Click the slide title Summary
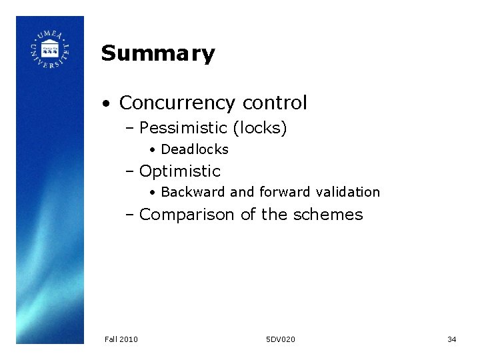tap(158, 53)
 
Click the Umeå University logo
tap(50, 49)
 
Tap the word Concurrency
tap(177, 103)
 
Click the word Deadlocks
tap(195, 150)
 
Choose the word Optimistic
tap(180, 171)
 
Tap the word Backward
tap(193, 193)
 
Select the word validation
tap(348, 193)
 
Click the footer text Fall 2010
tap(121, 339)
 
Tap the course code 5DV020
tap(280, 339)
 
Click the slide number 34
tap(451, 339)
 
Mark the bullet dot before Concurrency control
tap(107, 104)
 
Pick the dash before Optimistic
tap(130, 172)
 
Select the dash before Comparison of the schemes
tap(130, 215)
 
